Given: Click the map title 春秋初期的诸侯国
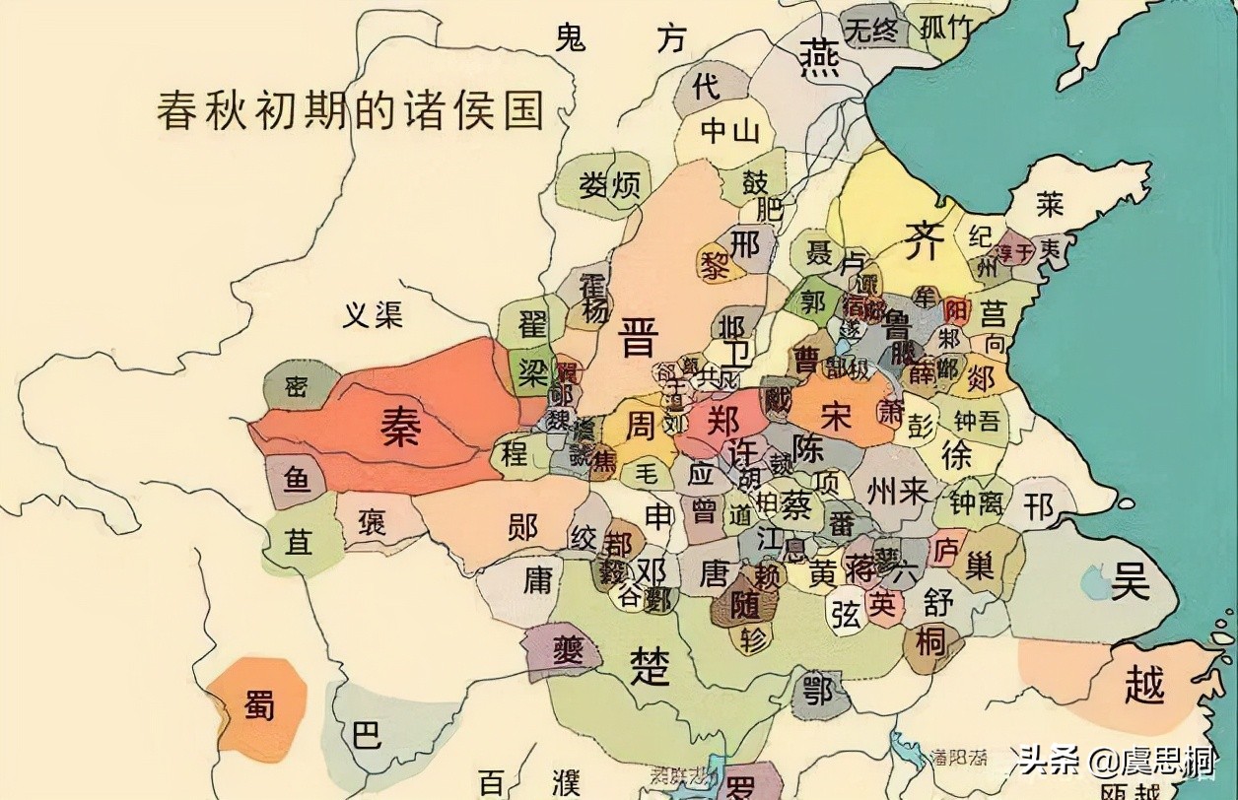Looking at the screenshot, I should [351, 109].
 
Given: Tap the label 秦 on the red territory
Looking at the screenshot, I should [401, 428].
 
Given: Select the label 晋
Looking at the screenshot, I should [639, 341].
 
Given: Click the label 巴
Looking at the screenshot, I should [367, 734].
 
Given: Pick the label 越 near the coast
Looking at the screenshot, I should [1143, 684].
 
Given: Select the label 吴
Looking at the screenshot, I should [1130, 581].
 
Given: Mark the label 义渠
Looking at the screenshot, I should [374, 314].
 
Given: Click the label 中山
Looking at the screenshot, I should [729, 130].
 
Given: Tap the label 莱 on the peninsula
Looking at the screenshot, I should [1050, 204].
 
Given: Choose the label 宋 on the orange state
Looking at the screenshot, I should [835, 416].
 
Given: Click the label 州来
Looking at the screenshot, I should [897, 491].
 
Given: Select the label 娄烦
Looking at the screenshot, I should [610, 184].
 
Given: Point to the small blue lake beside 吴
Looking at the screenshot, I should [1093, 582].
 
